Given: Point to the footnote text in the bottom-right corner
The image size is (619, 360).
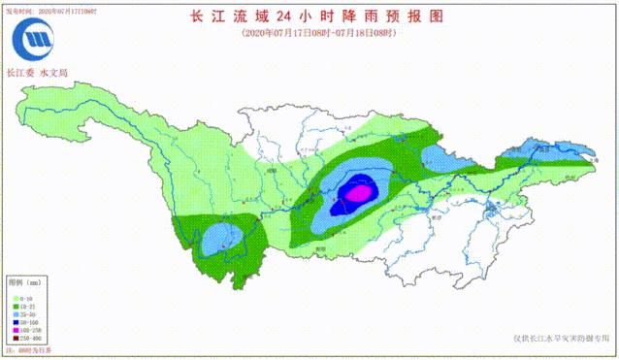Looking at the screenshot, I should coord(562,339).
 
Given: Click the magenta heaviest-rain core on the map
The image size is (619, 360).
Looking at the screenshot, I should coord(357,192).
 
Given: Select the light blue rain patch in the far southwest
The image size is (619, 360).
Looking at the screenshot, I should coord(221,236).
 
